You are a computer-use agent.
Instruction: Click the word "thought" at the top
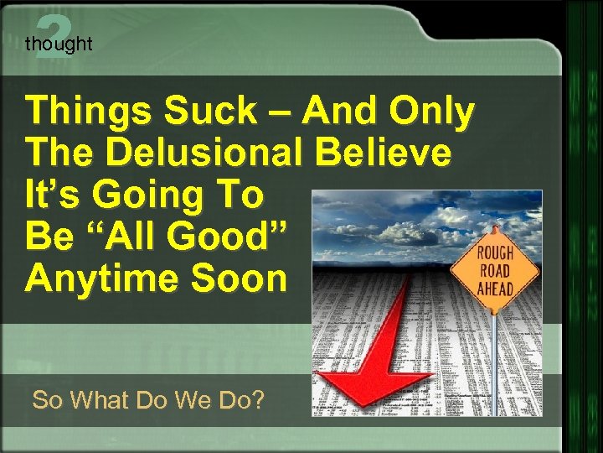tap(59, 44)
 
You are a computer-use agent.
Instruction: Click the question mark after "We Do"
tap(256, 400)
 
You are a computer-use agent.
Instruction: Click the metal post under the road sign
tap(494, 361)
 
